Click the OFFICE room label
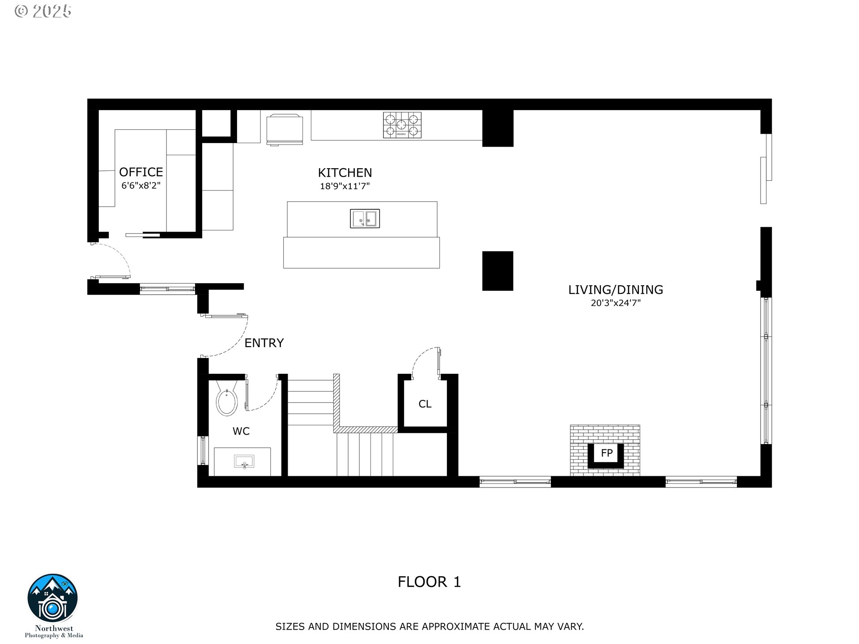click(x=141, y=172)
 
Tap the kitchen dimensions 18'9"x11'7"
click(x=344, y=186)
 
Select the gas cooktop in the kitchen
click(x=402, y=125)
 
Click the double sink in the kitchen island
click(x=365, y=219)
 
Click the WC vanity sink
click(x=244, y=461)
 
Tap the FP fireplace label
click(x=606, y=453)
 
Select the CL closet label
click(x=425, y=404)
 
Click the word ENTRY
click(x=264, y=343)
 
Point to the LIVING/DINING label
click(x=616, y=290)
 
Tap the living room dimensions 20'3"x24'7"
click(x=616, y=303)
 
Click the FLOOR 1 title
click(x=429, y=582)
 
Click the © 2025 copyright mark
click(x=43, y=11)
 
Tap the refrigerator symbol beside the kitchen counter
click(x=285, y=129)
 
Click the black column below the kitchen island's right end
click(x=498, y=271)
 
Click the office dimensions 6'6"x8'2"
click(x=141, y=185)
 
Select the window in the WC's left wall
click(x=203, y=450)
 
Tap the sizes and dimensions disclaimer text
click(x=429, y=627)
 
